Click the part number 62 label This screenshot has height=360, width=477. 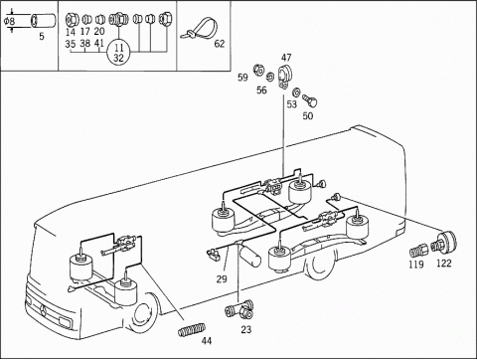[x=220, y=44]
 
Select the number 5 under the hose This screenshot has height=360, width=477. [x=42, y=36]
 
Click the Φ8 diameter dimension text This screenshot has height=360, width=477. [x=10, y=22]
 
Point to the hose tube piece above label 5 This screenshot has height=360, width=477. [x=43, y=20]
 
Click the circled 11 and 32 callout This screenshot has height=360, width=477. [x=118, y=53]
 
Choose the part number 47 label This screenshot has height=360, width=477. [x=286, y=58]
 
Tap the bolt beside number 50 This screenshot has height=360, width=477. [x=310, y=100]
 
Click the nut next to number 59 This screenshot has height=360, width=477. [x=258, y=70]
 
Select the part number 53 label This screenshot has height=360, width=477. [x=291, y=104]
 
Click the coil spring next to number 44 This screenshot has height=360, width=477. [x=192, y=329]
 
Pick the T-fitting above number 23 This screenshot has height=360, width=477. [x=239, y=309]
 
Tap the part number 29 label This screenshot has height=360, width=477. [x=222, y=279]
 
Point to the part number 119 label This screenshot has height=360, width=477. [x=416, y=265]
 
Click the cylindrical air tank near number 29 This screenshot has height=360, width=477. [x=249, y=255]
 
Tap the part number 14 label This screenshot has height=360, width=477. [x=71, y=32]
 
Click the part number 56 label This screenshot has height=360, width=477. [x=261, y=90]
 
